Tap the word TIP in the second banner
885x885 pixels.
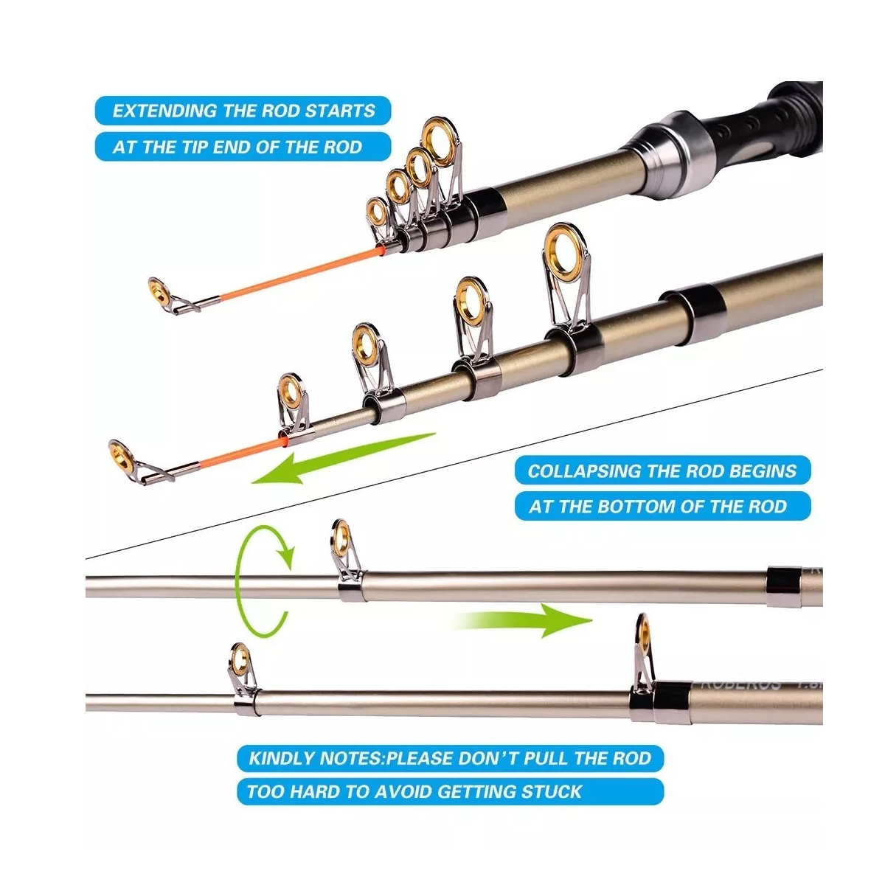(194, 147)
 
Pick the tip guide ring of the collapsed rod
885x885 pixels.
(158, 288)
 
